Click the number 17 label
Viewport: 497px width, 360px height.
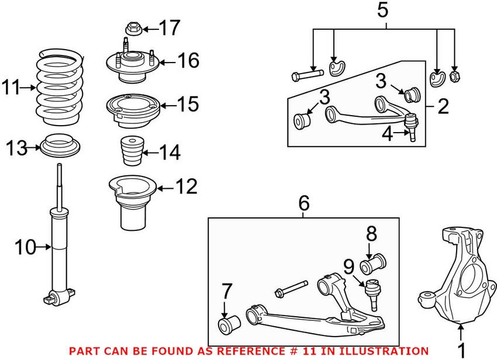coord(171,27)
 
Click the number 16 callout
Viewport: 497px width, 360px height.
coord(188,60)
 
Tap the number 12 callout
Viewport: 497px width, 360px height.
coord(187,187)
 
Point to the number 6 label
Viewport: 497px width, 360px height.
coord(303,203)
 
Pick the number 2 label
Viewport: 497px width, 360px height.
coord(443,106)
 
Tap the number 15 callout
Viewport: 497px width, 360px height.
coord(188,105)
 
